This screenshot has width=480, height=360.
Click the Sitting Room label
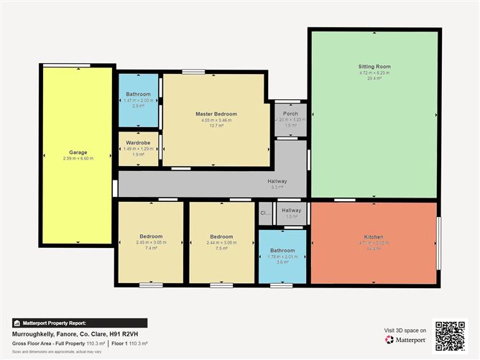[x=374, y=66]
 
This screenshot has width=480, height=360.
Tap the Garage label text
[x=78, y=152]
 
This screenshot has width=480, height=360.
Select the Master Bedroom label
[x=216, y=114]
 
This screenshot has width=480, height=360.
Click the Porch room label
[x=290, y=114]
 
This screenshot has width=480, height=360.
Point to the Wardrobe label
[x=137, y=142]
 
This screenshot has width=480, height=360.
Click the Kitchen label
[x=374, y=236]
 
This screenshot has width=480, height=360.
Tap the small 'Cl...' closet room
[x=264, y=213]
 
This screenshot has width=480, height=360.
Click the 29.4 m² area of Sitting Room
[x=374, y=78]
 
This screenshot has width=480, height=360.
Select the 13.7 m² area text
[x=216, y=126]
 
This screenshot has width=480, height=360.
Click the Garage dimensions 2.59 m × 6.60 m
[x=78, y=158]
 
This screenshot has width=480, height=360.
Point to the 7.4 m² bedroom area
[x=151, y=248]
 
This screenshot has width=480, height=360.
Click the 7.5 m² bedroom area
[x=221, y=248]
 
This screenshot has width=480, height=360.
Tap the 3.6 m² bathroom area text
[x=282, y=262]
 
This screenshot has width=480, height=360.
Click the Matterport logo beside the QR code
[x=407, y=341]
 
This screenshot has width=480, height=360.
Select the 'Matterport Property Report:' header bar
[x=79, y=323]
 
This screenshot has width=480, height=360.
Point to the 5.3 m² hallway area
[x=277, y=187]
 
